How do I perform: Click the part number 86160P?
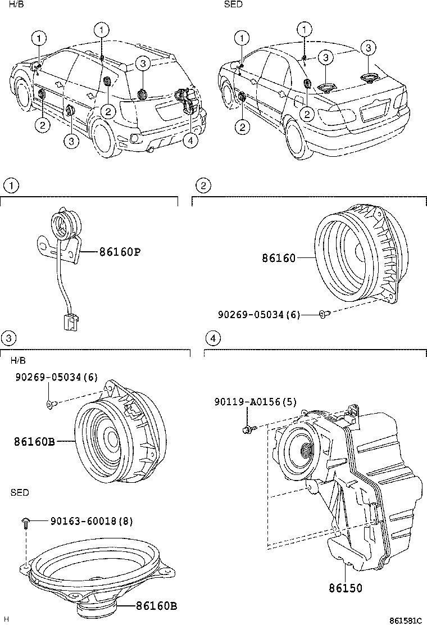tap(120, 252)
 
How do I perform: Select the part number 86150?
tap(346, 588)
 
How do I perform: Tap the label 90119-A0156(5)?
tap(256, 401)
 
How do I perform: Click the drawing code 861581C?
tap(406, 621)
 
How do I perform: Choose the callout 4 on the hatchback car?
tap(191, 141)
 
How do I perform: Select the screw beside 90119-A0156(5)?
tap(248, 429)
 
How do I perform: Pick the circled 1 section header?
tap(10, 185)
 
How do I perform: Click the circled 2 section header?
tap(203, 185)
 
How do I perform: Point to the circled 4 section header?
tap(212, 338)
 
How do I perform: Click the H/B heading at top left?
tap(16, 4)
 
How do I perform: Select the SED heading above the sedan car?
tap(233, 4)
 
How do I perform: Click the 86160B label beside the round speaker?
tap(34, 442)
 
